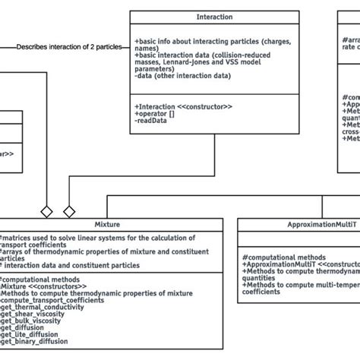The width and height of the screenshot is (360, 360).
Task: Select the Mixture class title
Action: click(107, 225)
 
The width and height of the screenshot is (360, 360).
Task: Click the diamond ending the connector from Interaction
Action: click(69, 210)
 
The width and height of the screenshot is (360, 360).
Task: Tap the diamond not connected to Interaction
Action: click(46, 210)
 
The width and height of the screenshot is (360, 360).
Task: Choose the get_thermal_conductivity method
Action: click(46, 307)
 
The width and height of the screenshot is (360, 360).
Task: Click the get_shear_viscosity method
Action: click(38, 314)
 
